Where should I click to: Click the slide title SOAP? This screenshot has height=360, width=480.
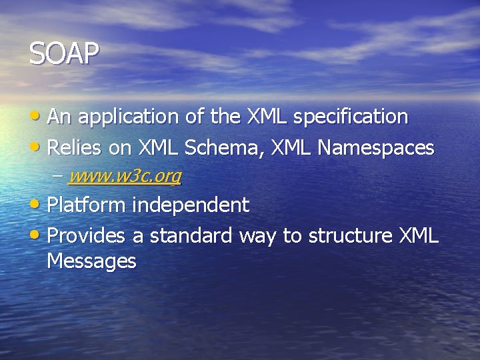(64, 54)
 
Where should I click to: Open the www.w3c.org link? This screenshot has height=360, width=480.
(125, 176)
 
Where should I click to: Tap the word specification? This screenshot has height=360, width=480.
(351, 117)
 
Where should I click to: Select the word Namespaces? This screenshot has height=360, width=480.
(377, 147)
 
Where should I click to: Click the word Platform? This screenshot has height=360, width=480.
(86, 205)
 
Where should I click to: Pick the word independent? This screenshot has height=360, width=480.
(191, 205)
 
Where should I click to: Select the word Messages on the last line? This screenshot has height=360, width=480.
(91, 261)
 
